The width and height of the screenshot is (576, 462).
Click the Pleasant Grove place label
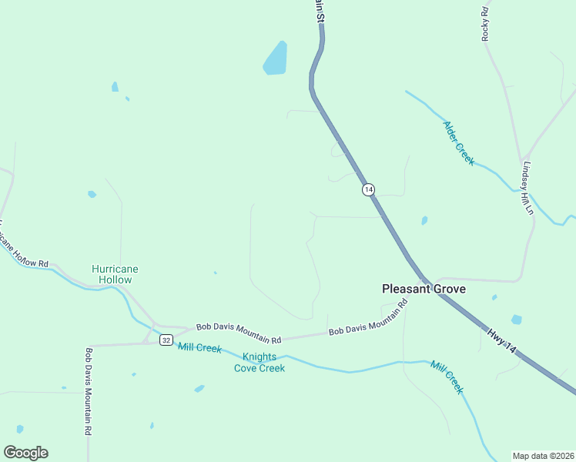tap(424, 289)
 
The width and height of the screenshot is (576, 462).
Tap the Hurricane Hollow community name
tap(115, 274)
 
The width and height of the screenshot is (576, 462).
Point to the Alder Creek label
tap(458, 142)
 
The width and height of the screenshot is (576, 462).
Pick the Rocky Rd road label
tap(485, 23)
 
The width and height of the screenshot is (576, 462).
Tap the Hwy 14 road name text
tap(502, 342)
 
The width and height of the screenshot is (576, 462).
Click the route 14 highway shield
tap(369, 189)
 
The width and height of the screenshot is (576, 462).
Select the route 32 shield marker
tap(166, 340)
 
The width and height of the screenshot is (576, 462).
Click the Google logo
tap(25, 453)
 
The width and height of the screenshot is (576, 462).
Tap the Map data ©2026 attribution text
tap(542, 456)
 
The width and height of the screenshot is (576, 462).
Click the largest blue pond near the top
tap(275, 59)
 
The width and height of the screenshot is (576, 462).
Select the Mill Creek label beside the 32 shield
tap(199, 347)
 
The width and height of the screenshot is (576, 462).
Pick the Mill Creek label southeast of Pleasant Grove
tap(447, 377)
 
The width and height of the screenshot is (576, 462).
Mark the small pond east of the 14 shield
tap(424, 221)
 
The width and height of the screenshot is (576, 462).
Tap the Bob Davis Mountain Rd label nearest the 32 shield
tap(238, 333)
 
